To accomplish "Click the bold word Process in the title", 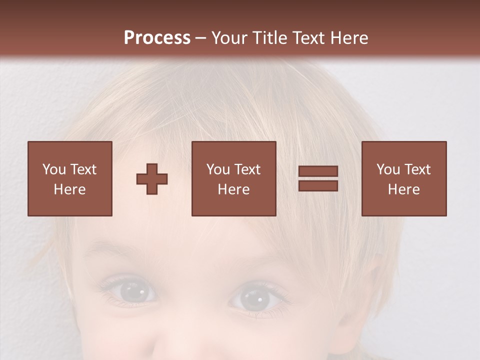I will (x=157, y=38).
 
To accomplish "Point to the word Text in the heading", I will (x=310, y=38).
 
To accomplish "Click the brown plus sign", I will (x=152, y=179).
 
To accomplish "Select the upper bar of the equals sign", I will (x=318, y=171).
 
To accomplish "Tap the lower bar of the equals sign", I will (x=318, y=185).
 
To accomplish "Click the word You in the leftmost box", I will (x=54, y=169).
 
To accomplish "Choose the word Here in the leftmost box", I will (x=69, y=189).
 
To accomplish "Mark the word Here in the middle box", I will (x=233, y=189).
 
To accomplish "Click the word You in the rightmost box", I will (x=388, y=169).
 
